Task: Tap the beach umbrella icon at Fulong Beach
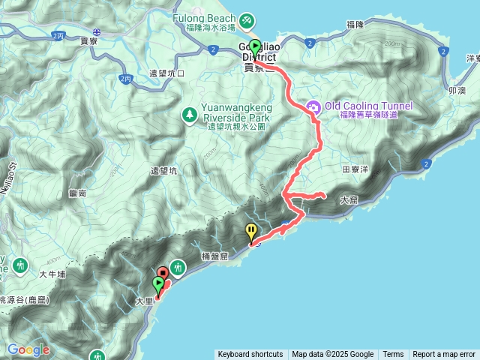click(248, 16)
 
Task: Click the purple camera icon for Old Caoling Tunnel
click(313, 107)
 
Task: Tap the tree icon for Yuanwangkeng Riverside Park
click(190, 115)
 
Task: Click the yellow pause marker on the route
click(251, 232)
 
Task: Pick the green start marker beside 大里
click(157, 285)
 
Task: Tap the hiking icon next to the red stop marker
click(178, 266)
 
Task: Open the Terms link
click(393, 355)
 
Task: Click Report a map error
click(444, 355)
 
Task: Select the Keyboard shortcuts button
click(250, 355)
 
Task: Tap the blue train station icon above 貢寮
click(97, 31)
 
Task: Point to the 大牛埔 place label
click(52, 275)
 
